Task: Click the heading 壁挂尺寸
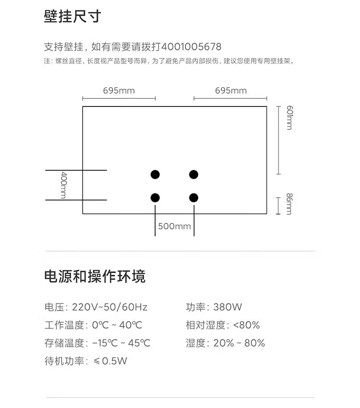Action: click(72, 17)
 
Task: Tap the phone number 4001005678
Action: click(192, 47)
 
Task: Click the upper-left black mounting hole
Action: click(155, 175)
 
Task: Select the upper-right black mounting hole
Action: click(193, 175)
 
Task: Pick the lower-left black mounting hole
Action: click(155, 197)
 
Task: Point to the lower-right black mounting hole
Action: click(193, 197)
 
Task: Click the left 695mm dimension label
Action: click(119, 91)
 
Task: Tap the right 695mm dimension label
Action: click(230, 91)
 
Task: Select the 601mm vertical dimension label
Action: click(289, 118)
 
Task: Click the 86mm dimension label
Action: click(289, 204)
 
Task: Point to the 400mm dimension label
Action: click(63, 185)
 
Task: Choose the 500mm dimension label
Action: click(174, 226)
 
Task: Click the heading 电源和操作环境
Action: click(95, 277)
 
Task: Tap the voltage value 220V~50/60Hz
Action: click(109, 307)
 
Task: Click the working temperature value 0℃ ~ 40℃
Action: click(117, 325)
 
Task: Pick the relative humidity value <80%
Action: click(246, 325)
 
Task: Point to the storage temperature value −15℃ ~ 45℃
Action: click(121, 343)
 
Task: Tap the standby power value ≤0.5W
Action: click(110, 361)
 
